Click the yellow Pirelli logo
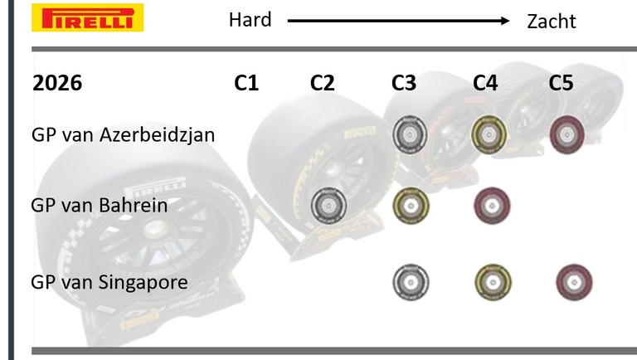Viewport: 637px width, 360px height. point(87,17)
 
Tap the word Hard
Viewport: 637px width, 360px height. point(250,20)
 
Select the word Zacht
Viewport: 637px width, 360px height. point(552,21)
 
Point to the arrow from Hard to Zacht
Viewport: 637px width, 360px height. point(398,21)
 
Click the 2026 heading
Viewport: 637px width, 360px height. point(57,83)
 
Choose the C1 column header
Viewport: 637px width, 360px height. point(246,83)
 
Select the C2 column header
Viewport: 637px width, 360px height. point(322,83)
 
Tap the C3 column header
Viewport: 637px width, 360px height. point(404,83)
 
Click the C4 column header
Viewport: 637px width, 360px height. point(485,83)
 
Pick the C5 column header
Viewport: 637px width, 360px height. point(561,83)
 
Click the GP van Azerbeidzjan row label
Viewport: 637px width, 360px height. point(123,134)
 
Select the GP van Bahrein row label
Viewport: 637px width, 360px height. point(100,205)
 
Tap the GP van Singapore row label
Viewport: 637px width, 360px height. point(109,282)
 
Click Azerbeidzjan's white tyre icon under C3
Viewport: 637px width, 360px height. point(410,134)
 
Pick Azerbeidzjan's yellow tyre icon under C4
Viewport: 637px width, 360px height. point(489,134)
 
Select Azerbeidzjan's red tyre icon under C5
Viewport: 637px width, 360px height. point(567,134)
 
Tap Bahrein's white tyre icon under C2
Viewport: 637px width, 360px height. point(328,206)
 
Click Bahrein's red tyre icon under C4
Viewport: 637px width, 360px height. point(492,206)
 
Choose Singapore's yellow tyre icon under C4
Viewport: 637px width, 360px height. point(494,282)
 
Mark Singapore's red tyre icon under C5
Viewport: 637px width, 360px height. point(574,282)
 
